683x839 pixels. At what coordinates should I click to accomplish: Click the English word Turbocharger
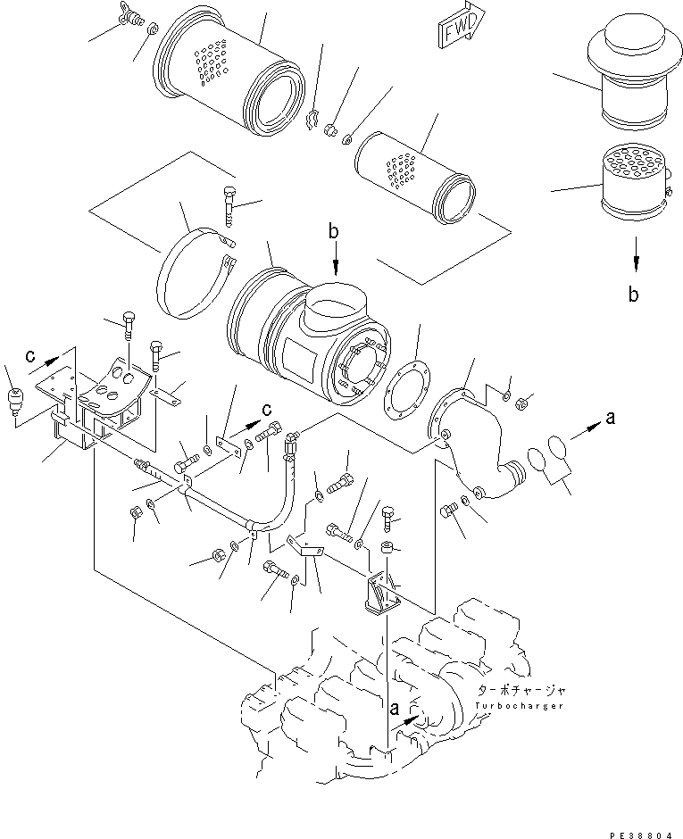(519, 706)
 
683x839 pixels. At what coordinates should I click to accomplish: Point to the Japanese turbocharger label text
(521, 691)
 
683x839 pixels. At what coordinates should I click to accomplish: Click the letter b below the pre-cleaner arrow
(634, 295)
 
